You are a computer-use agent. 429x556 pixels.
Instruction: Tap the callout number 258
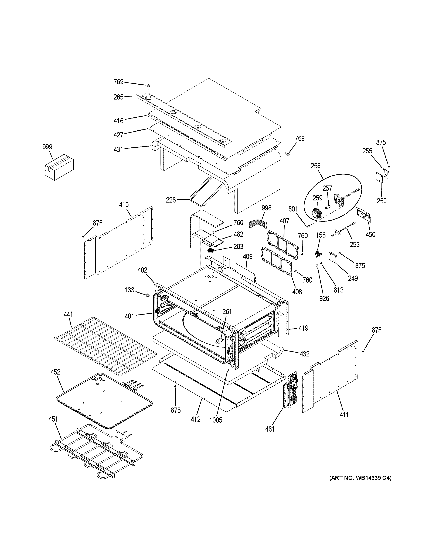click(315, 166)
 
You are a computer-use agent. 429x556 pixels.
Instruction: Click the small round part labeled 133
click(147, 295)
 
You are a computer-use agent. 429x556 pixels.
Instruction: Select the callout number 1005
click(216, 420)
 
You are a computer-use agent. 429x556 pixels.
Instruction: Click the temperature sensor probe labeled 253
click(344, 228)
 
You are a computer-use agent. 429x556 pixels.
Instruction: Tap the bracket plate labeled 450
click(364, 214)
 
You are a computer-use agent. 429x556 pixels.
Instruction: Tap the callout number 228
click(171, 200)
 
